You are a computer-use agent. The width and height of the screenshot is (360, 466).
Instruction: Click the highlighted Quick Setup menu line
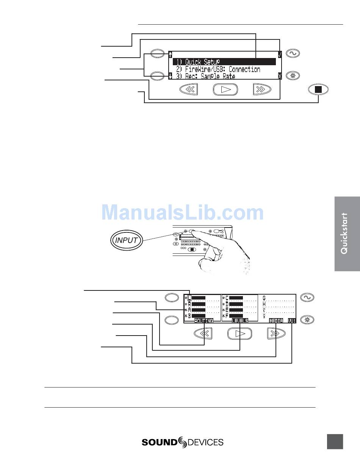[x=224, y=62]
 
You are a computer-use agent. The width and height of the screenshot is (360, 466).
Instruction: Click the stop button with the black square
[x=318, y=90]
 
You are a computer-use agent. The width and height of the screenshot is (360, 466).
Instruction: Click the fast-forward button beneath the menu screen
[x=263, y=89]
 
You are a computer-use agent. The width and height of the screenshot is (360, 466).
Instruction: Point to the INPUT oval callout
[x=127, y=240]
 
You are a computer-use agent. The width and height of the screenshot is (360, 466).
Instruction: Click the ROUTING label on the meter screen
[x=203, y=321]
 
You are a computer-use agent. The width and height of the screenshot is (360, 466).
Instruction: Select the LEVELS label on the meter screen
[x=240, y=321]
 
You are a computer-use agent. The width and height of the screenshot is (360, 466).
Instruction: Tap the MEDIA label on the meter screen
[x=276, y=321]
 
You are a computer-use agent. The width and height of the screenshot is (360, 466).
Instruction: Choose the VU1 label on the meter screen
[x=291, y=321]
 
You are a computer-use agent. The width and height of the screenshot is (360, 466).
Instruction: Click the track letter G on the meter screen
[x=264, y=298]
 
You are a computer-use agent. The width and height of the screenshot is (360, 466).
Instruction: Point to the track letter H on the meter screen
[x=264, y=304]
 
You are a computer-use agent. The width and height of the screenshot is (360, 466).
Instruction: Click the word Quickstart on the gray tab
[x=344, y=233]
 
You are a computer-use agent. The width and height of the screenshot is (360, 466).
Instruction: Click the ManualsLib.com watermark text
[x=182, y=212]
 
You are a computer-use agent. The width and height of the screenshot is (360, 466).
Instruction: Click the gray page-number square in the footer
[x=335, y=442]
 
